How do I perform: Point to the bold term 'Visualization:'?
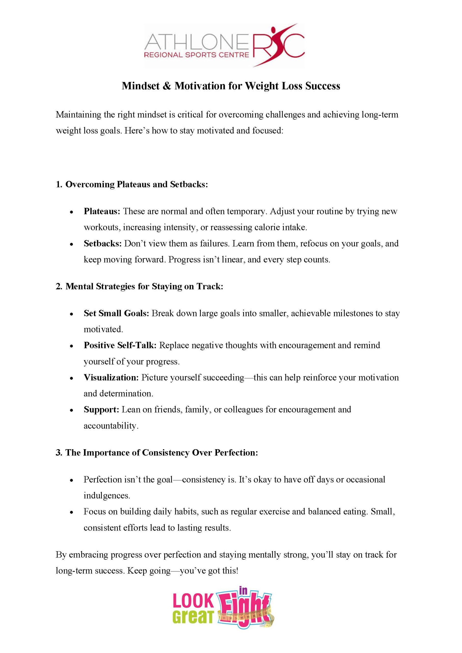(111, 378)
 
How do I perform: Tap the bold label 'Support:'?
(101, 410)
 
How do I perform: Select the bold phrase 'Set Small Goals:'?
(116, 313)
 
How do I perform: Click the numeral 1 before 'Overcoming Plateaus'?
(58, 184)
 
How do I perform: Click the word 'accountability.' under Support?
(111, 426)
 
